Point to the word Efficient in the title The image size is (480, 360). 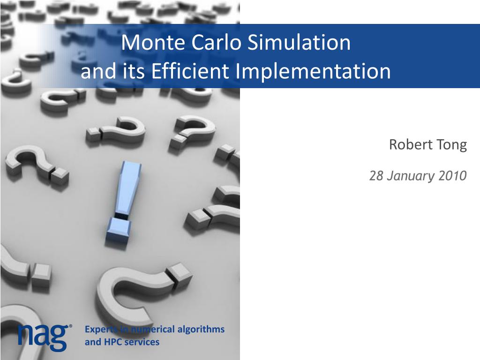190,71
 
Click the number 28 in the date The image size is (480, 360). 376,176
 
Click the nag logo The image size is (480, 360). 43,337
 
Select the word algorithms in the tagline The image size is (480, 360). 201,330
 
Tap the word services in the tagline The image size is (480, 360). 142,342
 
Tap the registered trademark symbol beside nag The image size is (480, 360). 71,327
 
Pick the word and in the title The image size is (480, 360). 98,72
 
